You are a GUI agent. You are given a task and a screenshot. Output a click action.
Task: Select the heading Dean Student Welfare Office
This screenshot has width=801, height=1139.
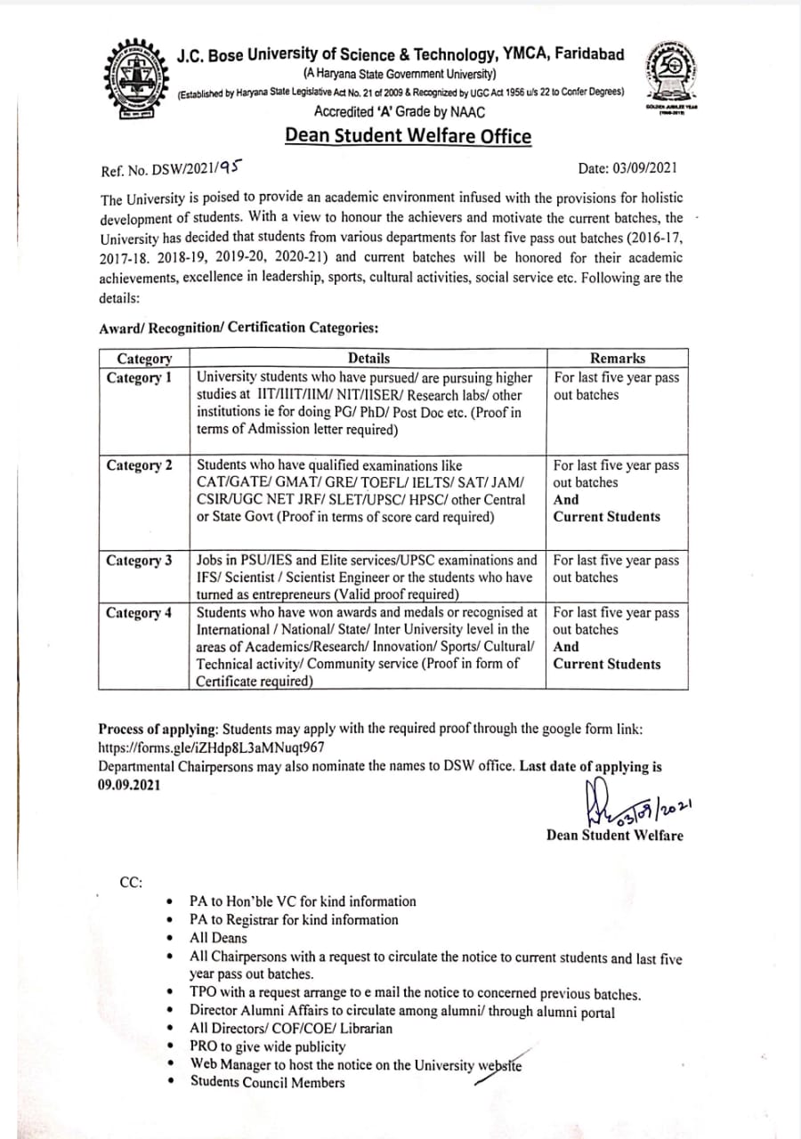(x=408, y=136)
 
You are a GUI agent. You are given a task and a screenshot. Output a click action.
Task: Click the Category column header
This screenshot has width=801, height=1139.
(x=144, y=358)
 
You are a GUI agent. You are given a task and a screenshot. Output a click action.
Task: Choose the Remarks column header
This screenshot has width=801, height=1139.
(x=618, y=358)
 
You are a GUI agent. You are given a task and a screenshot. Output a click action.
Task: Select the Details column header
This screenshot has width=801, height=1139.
(x=368, y=358)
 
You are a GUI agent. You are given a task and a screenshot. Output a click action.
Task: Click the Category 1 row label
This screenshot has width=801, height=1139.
(x=140, y=378)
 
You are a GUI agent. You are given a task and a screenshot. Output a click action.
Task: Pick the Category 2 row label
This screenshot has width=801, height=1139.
(x=140, y=465)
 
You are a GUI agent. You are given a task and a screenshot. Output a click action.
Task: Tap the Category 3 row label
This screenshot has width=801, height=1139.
(x=140, y=561)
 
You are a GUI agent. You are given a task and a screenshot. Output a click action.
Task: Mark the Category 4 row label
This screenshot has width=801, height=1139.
(x=140, y=613)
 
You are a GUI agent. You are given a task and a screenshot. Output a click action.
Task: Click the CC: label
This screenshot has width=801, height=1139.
(x=131, y=882)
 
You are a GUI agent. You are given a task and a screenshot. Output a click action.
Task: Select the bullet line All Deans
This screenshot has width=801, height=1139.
(x=219, y=938)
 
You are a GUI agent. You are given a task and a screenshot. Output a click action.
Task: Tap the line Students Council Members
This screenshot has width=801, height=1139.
(x=267, y=1082)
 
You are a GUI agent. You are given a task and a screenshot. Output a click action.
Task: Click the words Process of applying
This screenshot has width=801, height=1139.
(x=154, y=729)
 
